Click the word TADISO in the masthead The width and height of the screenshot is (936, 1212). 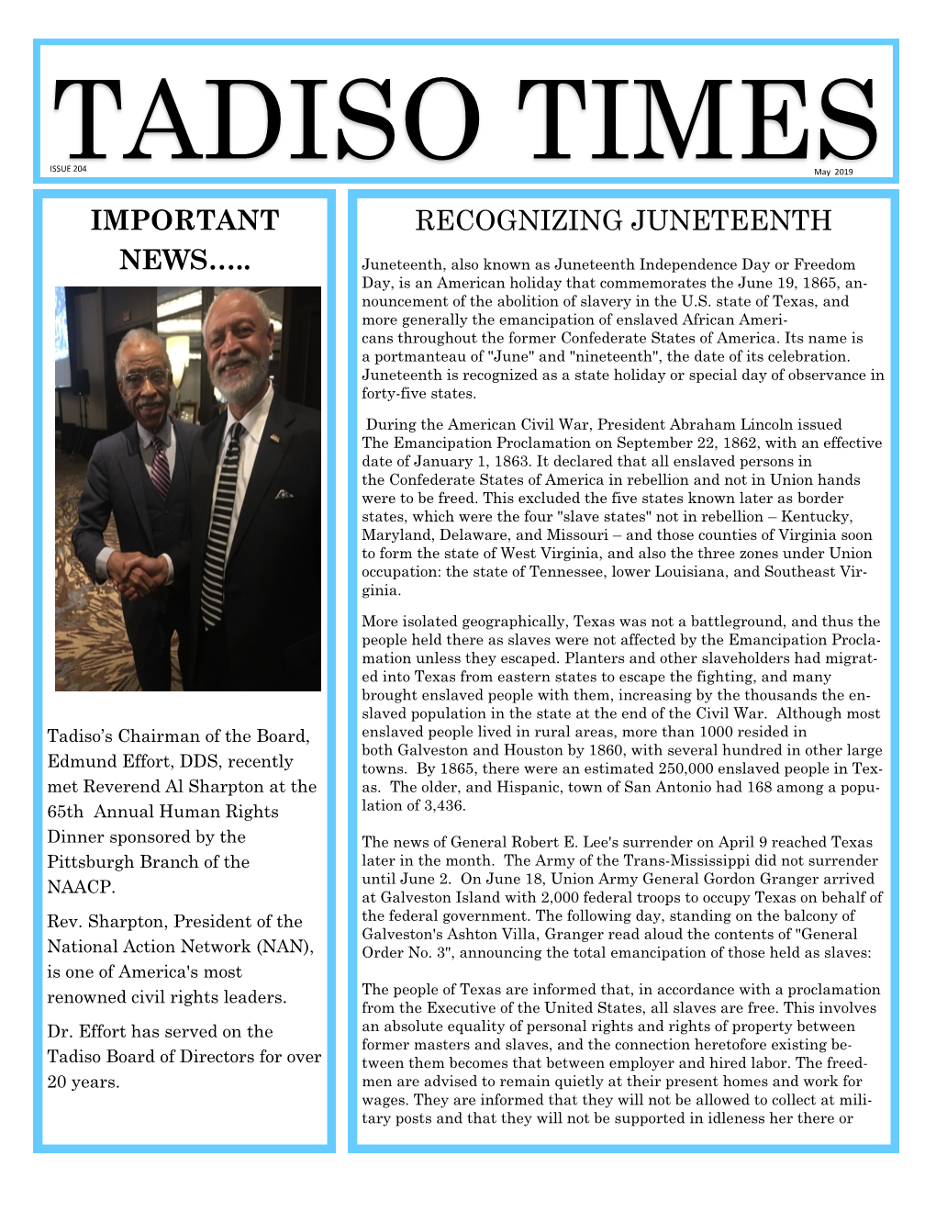pyautogui.click(x=266, y=124)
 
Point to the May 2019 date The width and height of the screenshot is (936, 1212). pyautogui.click(x=834, y=173)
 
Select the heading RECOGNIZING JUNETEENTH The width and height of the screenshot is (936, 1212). pyautogui.click(x=623, y=221)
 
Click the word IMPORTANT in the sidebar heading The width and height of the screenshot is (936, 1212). pyautogui.click(x=184, y=220)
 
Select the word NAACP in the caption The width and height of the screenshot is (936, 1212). pyautogui.click(x=81, y=888)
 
